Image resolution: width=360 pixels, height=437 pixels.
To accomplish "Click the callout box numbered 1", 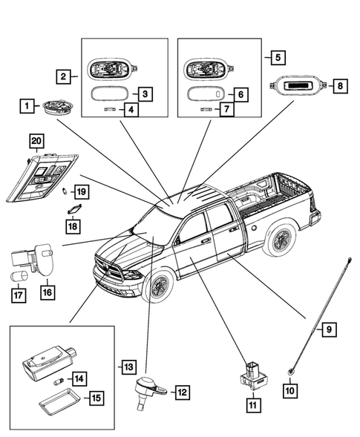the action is pyautogui.click(x=27, y=106).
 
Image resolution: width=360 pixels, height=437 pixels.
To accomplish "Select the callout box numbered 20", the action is pyautogui.click(x=36, y=141).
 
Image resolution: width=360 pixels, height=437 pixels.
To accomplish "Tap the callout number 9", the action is pyautogui.click(x=329, y=329).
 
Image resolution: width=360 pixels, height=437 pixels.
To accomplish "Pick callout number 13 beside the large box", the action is pyautogui.click(x=128, y=367).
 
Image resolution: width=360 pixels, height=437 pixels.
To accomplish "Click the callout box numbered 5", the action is pyautogui.click(x=278, y=57).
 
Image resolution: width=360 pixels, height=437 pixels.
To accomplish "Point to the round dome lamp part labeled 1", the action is pyautogui.click(x=59, y=107).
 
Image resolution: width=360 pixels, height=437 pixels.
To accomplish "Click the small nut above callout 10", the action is pyautogui.click(x=290, y=371).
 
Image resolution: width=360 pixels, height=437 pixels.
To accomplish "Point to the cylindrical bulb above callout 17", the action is pyautogui.click(x=19, y=277).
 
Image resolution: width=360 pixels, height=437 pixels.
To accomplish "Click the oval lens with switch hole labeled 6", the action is pyautogui.click(x=206, y=93).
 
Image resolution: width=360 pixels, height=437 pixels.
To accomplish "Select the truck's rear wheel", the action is pyautogui.click(x=279, y=239).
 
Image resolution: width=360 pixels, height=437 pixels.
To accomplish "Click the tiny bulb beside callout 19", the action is pyautogui.click(x=65, y=191).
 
